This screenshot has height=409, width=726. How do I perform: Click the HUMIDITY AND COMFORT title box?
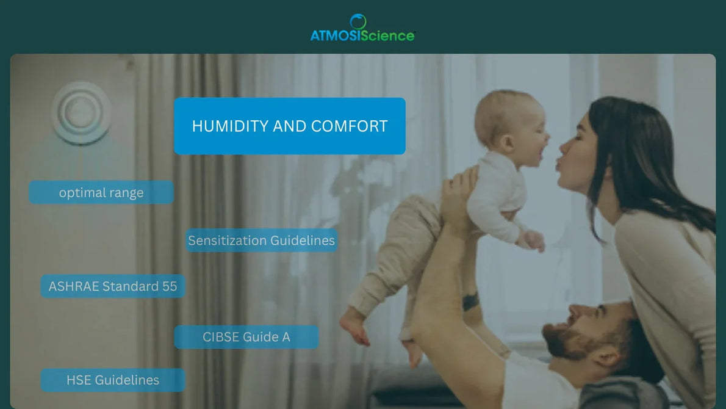(x=289, y=126)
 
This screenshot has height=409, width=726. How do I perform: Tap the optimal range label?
(x=101, y=192)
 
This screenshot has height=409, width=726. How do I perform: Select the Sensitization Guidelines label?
(x=261, y=241)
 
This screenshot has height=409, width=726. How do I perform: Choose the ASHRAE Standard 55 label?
(x=113, y=286)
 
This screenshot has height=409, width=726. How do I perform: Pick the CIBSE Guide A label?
(x=246, y=337)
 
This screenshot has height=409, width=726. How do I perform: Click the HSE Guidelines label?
(x=113, y=380)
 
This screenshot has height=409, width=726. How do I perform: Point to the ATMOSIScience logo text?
(x=362, y=35)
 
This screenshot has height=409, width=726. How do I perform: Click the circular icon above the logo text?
(x=358, y=21)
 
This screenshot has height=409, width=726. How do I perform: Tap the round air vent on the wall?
(x=81, y=113)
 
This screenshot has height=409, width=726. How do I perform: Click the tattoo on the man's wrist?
(x=470, y=301)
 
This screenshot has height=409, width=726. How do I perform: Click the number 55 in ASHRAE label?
(x=170, y=286)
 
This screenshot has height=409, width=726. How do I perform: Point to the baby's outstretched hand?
(x=534, y=240)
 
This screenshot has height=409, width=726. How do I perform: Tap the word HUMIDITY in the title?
(x=229, y=126)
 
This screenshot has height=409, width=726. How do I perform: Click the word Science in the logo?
(x=387, y=35)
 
